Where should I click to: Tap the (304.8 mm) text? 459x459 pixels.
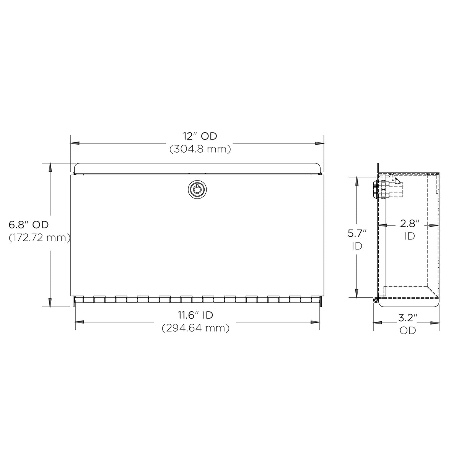pos(200,149)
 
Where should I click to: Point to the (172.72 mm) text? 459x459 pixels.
pos(39,238)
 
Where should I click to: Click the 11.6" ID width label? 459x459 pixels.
pos(195,315)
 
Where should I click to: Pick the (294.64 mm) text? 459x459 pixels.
pos(196,328)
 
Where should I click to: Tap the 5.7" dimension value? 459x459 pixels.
pos(357,233)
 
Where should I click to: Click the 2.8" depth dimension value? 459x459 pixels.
pos(410,223)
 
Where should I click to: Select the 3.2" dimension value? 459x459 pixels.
pos(407,317)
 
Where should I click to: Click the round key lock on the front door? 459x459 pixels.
pos(197,189)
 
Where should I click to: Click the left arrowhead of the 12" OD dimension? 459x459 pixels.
pos(75,143)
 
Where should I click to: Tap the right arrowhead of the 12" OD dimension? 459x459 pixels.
pos(319,143)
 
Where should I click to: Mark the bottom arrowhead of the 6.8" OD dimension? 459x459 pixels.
pos(50,302)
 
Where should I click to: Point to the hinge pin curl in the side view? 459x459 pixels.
pos(375,299)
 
